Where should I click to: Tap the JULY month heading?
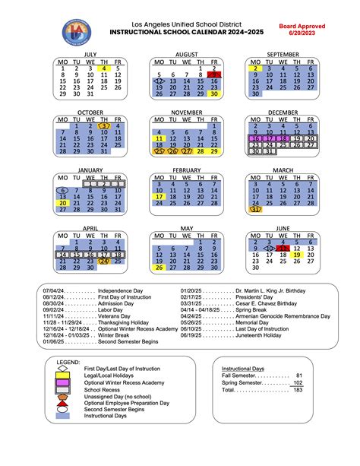90,55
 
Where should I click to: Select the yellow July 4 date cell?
105,68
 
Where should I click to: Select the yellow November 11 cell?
159,138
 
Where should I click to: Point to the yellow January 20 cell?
62,202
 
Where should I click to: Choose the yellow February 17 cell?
159,196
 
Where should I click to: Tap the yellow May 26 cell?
159,267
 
